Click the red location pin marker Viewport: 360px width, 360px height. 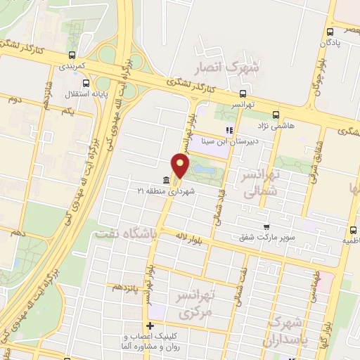click(181, 165)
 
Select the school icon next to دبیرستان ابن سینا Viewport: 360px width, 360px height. click(229, 129)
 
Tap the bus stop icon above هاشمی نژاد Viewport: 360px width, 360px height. click(275, 115)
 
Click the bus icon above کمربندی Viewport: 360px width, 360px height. click(71, 55)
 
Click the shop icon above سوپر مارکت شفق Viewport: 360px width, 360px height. click(266, 226)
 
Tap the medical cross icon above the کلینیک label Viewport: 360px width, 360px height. click(150, 326)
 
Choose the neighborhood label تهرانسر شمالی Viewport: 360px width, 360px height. click(257, 181)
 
